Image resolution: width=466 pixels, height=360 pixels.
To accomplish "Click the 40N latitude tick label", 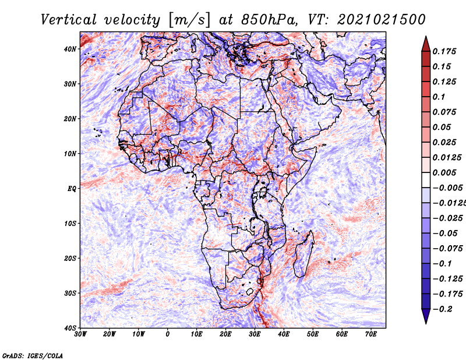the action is pyautogui.click(x=70, y=49).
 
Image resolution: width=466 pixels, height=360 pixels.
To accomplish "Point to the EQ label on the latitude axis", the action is pyautogui.click(x=72, y=189).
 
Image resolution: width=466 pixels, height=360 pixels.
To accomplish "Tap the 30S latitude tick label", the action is pyautogui.click(x=70, y=294).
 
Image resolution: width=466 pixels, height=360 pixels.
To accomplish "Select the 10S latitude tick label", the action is pyautogui.click(x=70, y=224).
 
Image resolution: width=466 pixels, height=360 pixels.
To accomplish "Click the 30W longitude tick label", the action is pyautogui.click(x=80, y=334).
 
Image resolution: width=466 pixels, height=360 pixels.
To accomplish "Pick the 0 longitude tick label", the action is pyautogui.click(x=167, y=334).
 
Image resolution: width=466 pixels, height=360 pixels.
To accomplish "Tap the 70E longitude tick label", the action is pyautogui.click(x=370, y=334).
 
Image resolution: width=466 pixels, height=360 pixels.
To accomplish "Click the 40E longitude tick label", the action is pyautogui.click(x=284, y=334).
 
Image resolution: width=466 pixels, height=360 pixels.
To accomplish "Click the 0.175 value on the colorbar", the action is pyautogui.click(x=444, y=52).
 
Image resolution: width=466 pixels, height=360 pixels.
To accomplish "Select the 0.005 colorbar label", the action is pyautogui.click(x=444, y=172).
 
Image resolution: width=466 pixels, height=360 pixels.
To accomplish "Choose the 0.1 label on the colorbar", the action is pyautogui.click(x=439, y=97).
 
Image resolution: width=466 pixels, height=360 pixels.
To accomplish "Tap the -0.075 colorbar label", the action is pyautogui.click(x=447, y=249).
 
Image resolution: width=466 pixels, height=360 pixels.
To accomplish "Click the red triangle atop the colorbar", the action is pyautogui.click(x=426, y=44).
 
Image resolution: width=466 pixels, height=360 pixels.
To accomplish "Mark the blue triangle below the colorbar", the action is pyautogui.click(x=426, y=316).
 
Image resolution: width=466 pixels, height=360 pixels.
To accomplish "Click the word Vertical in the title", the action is pyautogui.click(x=69, y=20).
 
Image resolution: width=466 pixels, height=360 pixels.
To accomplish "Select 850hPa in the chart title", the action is pyautogui.click(x=269, y=20).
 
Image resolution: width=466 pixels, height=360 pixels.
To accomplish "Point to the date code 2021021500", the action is pyautogui.click(x=382, y=20).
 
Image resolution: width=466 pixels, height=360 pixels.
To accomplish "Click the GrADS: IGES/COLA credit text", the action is pyautogui.click(x=33, y=355).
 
